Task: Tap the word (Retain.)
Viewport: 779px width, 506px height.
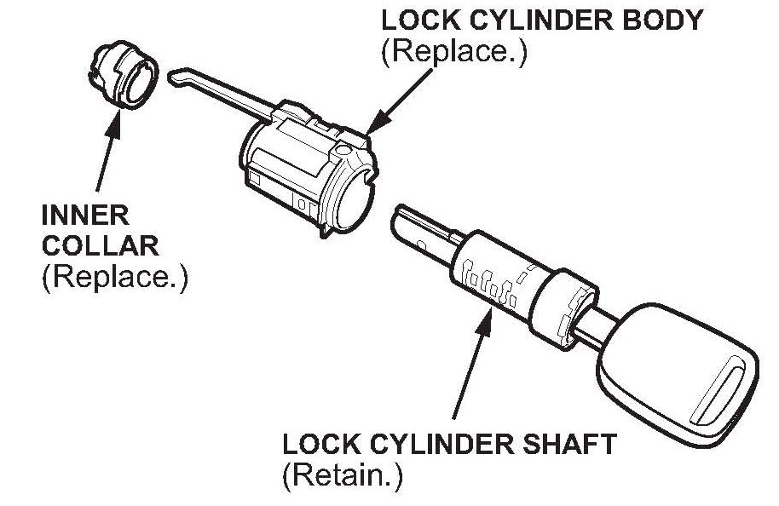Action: (341, 474)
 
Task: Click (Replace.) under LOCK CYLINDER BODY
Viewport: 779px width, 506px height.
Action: (454, 52)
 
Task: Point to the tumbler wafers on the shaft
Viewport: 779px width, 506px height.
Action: (486, 285)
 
